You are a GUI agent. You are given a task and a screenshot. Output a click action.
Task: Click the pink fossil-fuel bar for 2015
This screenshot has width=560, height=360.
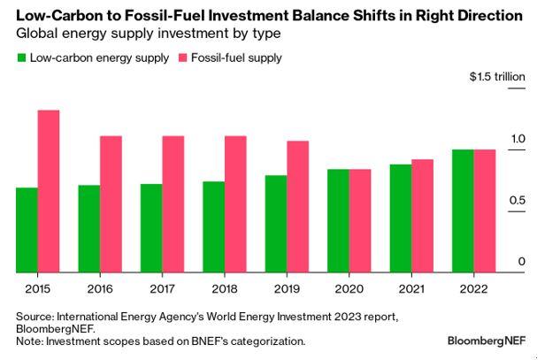[x=49, y=192]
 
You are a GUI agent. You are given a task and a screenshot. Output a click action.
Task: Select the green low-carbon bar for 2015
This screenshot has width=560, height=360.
[x=27, y=231]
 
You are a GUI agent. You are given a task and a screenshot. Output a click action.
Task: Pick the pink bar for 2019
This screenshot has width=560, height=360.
[x=299, y=207]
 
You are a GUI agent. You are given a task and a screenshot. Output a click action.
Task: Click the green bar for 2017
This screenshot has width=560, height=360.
[x=151, y=229]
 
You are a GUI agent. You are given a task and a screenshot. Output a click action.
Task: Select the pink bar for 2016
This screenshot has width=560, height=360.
[x=111, y=204]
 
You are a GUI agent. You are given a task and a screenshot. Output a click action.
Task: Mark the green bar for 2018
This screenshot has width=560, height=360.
[x=214, y=227]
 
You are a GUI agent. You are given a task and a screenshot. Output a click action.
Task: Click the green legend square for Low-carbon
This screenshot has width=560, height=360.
[x=21, y=57]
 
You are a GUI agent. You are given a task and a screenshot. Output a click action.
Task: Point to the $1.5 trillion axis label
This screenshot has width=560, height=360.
[x=498, y=77]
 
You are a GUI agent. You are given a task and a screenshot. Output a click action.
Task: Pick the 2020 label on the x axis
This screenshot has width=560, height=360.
[x=349, y=287]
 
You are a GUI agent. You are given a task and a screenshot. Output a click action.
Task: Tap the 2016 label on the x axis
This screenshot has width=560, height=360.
[x=100, y=287]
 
